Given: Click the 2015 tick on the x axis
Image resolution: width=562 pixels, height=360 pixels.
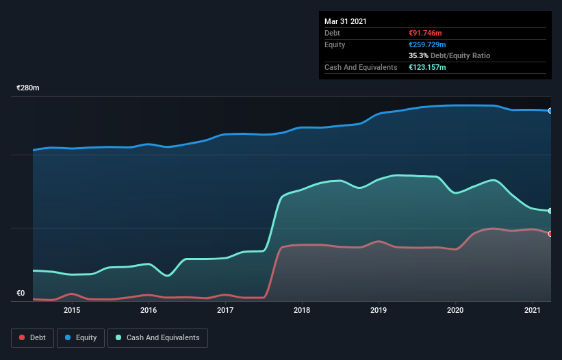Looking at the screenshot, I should coord(72,310).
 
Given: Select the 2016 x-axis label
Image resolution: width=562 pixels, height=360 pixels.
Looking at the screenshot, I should coord(149,310).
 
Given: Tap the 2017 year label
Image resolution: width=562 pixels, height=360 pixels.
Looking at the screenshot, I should coord(225,310).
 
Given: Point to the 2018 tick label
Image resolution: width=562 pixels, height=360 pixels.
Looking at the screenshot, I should coord(302,310).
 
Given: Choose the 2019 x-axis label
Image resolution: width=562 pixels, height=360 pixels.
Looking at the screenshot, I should coord(379,310).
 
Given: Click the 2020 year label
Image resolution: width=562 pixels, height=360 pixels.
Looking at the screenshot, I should coord(455,310).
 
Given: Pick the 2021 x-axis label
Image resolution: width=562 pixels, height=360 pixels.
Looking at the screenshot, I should coord(532,310).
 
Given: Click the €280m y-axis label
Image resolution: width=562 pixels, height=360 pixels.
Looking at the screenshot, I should coord(28,88).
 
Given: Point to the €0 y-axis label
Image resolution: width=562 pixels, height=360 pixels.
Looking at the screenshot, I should coord(21,294).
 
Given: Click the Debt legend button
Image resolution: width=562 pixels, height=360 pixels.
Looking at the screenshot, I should coord(31,337).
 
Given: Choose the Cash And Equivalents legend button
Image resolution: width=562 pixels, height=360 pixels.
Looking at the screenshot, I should coord(157,337).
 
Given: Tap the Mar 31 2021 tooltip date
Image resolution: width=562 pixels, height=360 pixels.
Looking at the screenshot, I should coord(346,21).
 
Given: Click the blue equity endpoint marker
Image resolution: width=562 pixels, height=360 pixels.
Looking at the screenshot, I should coord(550,110).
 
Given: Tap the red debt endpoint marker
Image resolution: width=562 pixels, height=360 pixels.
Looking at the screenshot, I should coord(550,234).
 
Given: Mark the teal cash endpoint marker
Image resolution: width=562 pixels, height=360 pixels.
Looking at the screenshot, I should coord(550,211).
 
